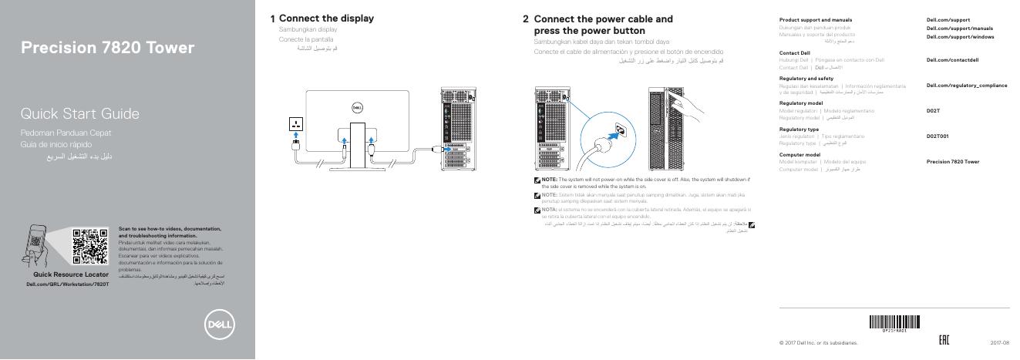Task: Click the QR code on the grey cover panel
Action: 90,247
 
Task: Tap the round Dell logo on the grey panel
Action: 219,323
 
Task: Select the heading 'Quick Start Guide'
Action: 79,114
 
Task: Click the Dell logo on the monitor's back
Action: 356,108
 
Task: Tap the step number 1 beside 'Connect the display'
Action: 273,19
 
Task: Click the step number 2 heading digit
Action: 526,19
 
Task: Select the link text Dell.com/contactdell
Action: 952,59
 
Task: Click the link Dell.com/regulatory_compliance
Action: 966,85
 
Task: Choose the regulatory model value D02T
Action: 933,110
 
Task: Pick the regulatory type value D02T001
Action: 938,136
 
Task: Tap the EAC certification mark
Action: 943,341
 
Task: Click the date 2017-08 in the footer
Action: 999,343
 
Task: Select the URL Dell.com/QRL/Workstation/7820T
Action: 68,284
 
